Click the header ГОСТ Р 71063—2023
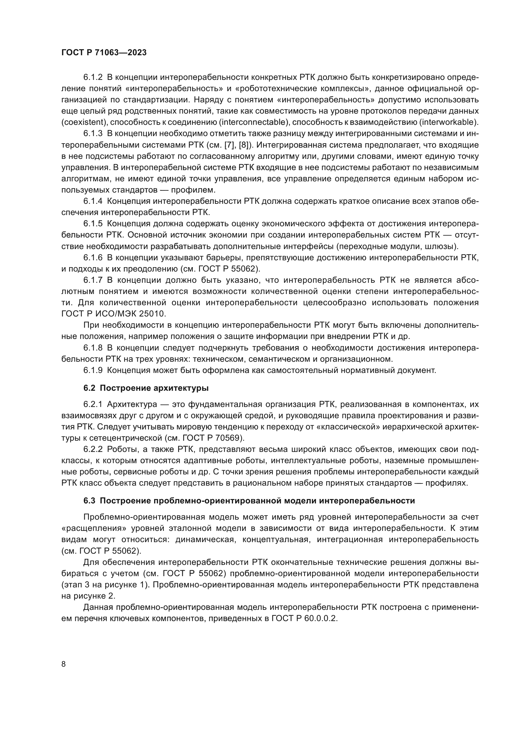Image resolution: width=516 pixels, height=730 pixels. tap(104, 53)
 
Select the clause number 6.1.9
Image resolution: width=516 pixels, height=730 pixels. tap(93, 370)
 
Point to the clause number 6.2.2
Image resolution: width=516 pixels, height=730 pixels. tap(93, 449)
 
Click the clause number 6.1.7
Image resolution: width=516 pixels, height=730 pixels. tap(93, 280)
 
